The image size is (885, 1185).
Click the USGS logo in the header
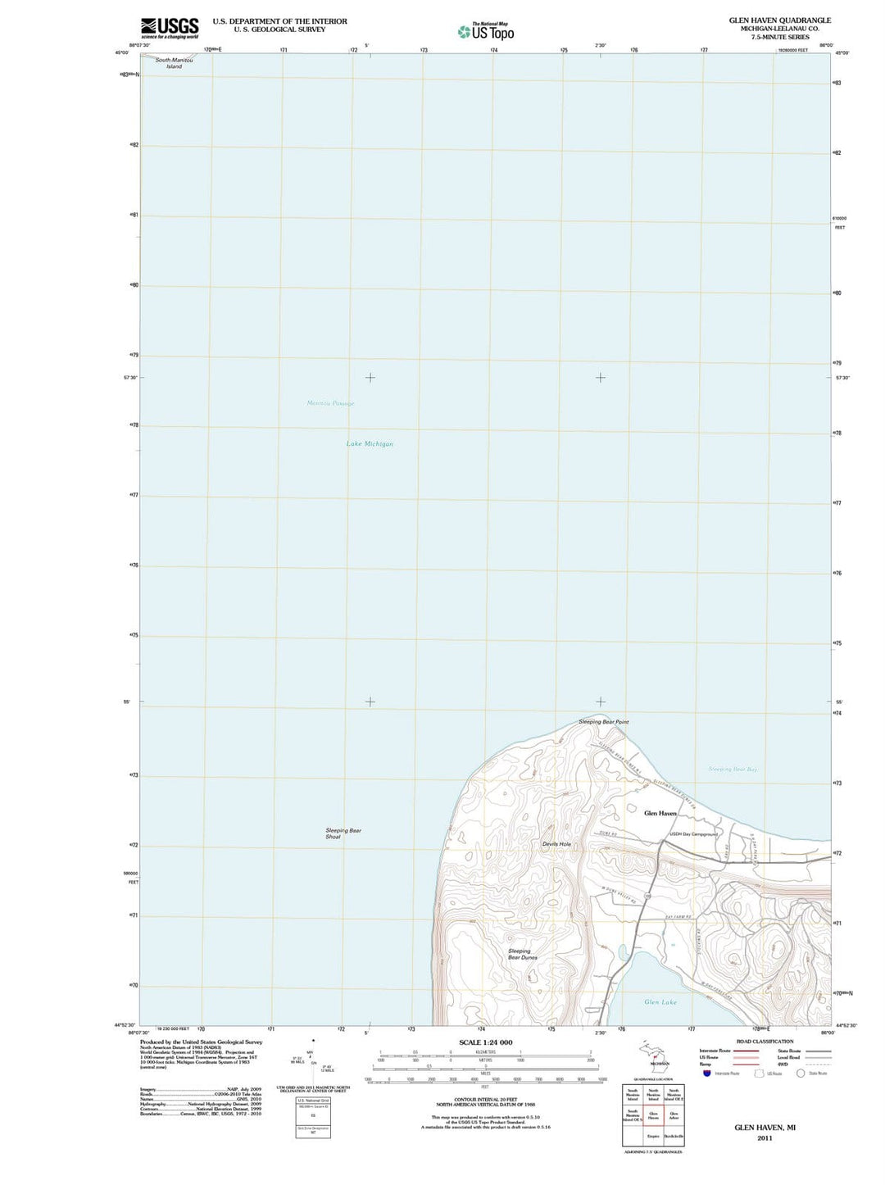click(x=170, y=28)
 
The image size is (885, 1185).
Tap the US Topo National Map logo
click(x=487, y=31)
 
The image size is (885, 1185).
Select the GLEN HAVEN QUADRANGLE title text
click(x=779, y=20)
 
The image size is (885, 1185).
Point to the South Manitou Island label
click(x=174, y=63)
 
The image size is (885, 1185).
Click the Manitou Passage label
click(x=330, y=403)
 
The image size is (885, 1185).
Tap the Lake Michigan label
click(x=370, y=444)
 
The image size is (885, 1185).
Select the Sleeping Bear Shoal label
click(x=343, y=833)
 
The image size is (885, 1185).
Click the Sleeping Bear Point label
click(x=603, y=722)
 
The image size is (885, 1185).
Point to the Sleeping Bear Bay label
click(x=733, y=770)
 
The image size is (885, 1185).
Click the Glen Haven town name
click(x=660, y=813)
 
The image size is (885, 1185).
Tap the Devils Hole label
click(x=556, y=844)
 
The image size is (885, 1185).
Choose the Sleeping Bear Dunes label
click(x=522, y=955)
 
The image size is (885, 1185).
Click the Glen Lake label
click(x=660, y=1002)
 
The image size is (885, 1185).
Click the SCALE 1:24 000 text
click(x=486, y=1042)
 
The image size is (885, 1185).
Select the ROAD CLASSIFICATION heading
click(x=765, y=1042)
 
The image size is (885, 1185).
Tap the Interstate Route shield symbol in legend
click(x=707, y=1073)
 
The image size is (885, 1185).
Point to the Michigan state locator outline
click(x=655, y=1057)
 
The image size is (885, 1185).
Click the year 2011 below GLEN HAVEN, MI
click(x=765, y=1138)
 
